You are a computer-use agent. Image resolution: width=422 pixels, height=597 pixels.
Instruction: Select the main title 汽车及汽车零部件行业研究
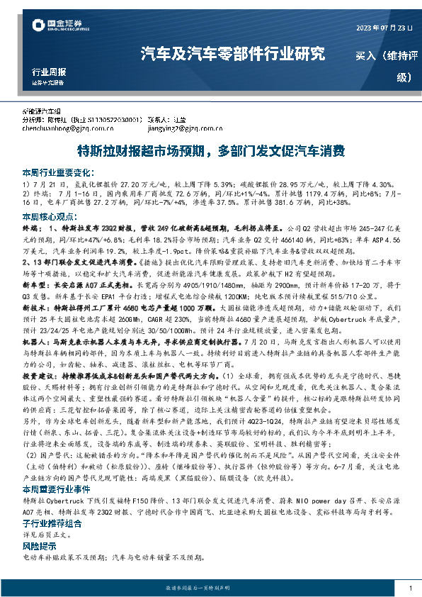coord(233,53)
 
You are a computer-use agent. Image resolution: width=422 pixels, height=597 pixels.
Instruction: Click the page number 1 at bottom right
coord(410,588)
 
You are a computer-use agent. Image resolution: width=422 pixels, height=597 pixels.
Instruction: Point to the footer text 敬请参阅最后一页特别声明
coord(210,588)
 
